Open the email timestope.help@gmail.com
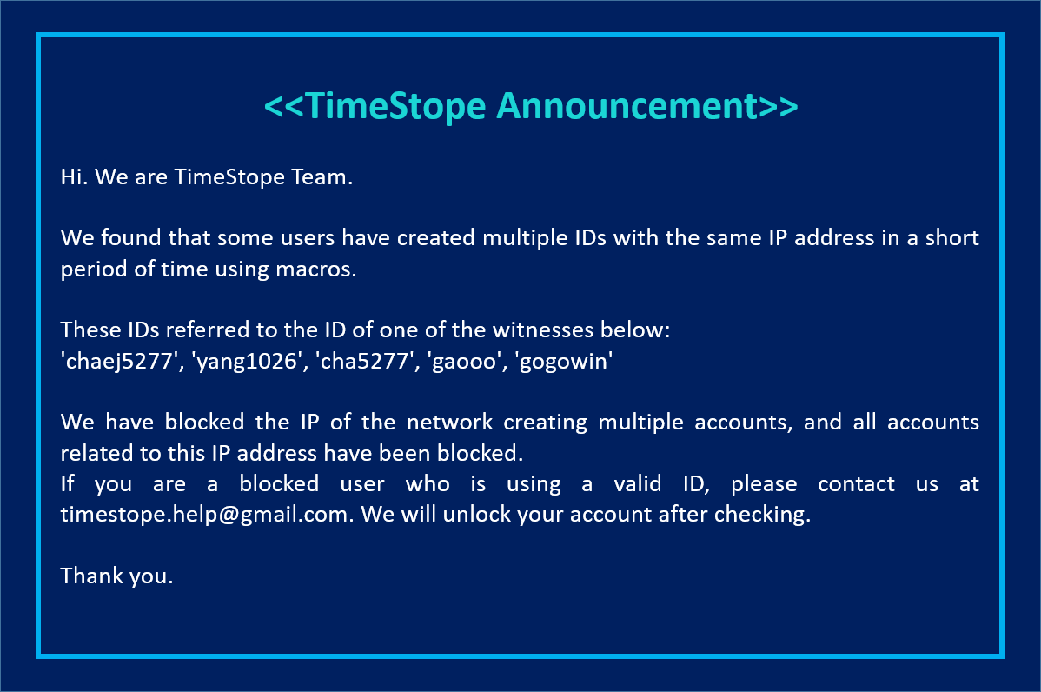coord(206,514)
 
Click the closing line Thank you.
coord(116,575)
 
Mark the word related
coord(92,453)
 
